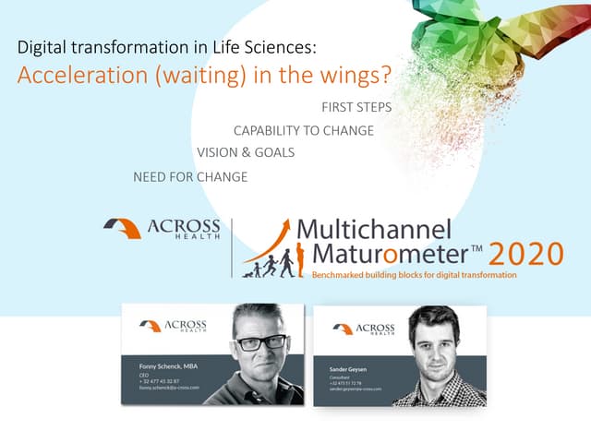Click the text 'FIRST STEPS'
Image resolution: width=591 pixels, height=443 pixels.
[356, 107]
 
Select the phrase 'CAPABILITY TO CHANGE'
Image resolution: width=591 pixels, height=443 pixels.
[303, 131]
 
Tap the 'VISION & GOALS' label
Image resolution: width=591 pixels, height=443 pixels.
[246, 153]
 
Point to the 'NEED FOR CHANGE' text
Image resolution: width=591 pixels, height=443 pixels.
[190, 176]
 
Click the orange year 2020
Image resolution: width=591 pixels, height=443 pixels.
[525, 253]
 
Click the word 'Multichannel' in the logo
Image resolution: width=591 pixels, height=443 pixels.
[373, 230]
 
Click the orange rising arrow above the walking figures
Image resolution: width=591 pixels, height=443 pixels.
[267, 245]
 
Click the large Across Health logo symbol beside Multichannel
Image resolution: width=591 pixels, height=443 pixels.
[122, 228]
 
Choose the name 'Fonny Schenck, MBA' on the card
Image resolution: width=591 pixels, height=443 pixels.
[169, 366]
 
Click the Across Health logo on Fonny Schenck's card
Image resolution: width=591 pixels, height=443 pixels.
[173, 326]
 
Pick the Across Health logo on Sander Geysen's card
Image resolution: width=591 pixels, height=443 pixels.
[363, 329]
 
